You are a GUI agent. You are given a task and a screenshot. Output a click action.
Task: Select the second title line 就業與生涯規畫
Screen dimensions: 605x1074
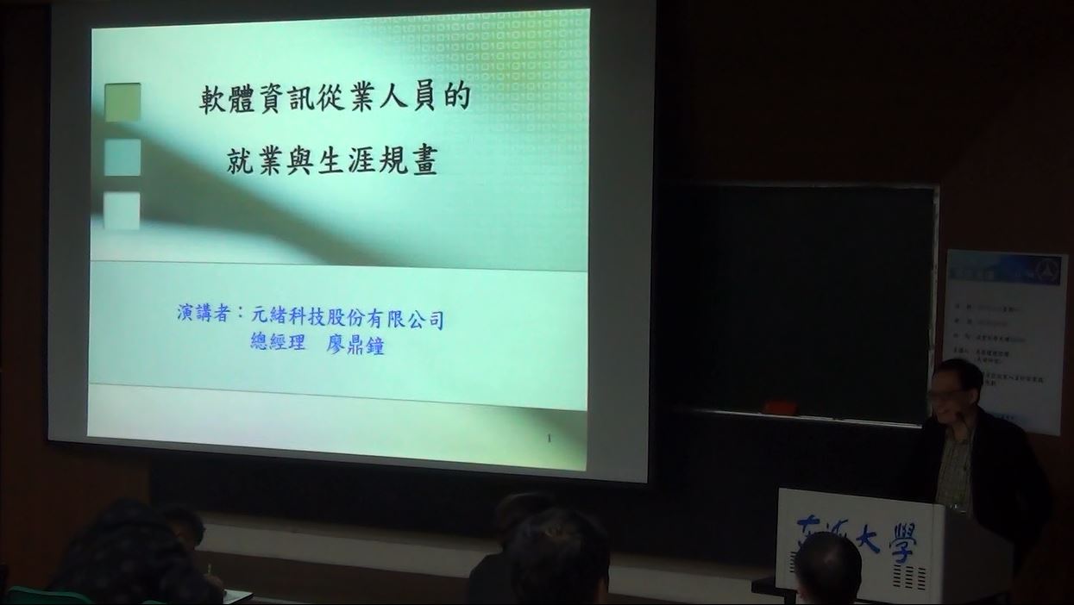pyautogui.click(x=332, y=160)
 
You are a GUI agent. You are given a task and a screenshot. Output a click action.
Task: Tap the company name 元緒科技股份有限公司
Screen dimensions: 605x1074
pyautogui.click(x=348, y=318)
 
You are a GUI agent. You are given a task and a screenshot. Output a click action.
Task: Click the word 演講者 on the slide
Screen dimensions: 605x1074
pyautogui.click(x=204, y=313)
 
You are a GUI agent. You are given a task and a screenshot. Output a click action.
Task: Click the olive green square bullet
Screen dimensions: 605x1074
pyautogui.click(x=122, y=102)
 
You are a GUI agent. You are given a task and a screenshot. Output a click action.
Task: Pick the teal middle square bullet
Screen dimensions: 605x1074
pyautogui.click(x=122, y=157)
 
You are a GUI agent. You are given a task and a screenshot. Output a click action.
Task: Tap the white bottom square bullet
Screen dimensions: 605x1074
pyautogui.click(x=122, y=211)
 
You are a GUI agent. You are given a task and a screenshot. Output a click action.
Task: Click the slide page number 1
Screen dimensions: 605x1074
pyautogui.click(x=549, y=439)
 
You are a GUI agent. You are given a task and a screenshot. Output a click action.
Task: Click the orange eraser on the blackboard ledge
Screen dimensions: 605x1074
pyautogui.click(x=780, y=408)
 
